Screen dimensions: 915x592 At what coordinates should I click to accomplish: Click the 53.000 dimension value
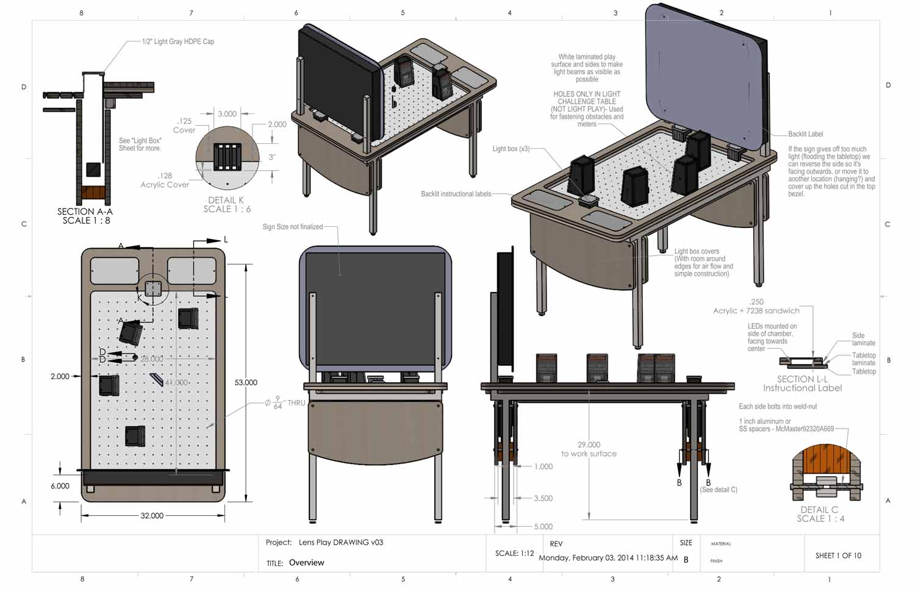coord(246,382)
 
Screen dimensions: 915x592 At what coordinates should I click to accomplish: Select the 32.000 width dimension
coord(152,516)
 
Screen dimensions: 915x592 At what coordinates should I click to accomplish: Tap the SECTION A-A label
coord(85,212)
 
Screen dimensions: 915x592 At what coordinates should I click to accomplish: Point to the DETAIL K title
coord(226,200)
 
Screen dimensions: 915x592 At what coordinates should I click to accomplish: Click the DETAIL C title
coord(819,510)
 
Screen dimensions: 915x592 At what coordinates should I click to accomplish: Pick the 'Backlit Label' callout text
coord(806,134)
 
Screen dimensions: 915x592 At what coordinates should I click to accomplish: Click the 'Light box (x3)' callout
coord(511,149)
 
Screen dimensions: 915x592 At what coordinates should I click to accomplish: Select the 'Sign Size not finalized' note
coord(292,227)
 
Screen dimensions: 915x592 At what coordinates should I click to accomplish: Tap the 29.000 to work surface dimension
coord(589,449)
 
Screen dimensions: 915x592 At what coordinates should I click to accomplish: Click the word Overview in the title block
coord(306,563)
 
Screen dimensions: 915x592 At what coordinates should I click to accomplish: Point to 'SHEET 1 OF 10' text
coord(838,555)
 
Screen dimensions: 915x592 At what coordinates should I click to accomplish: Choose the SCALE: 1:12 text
coord(514,554)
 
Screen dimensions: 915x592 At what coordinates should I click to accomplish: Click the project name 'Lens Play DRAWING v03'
coord(340,542)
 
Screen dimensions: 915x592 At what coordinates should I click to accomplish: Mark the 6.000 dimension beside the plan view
coord(60,486)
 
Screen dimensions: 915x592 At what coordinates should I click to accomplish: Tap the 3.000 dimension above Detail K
coord(227,114)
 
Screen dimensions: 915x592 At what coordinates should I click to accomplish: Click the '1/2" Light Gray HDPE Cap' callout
coord(178,41)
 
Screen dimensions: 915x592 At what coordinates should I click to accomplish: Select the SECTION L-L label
coord(802,379)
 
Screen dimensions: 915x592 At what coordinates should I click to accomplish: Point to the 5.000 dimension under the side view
coord(544,527)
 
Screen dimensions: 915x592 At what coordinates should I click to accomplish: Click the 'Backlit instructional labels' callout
coord(456,194)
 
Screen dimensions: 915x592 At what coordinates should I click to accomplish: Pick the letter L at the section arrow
coord(226,240)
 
